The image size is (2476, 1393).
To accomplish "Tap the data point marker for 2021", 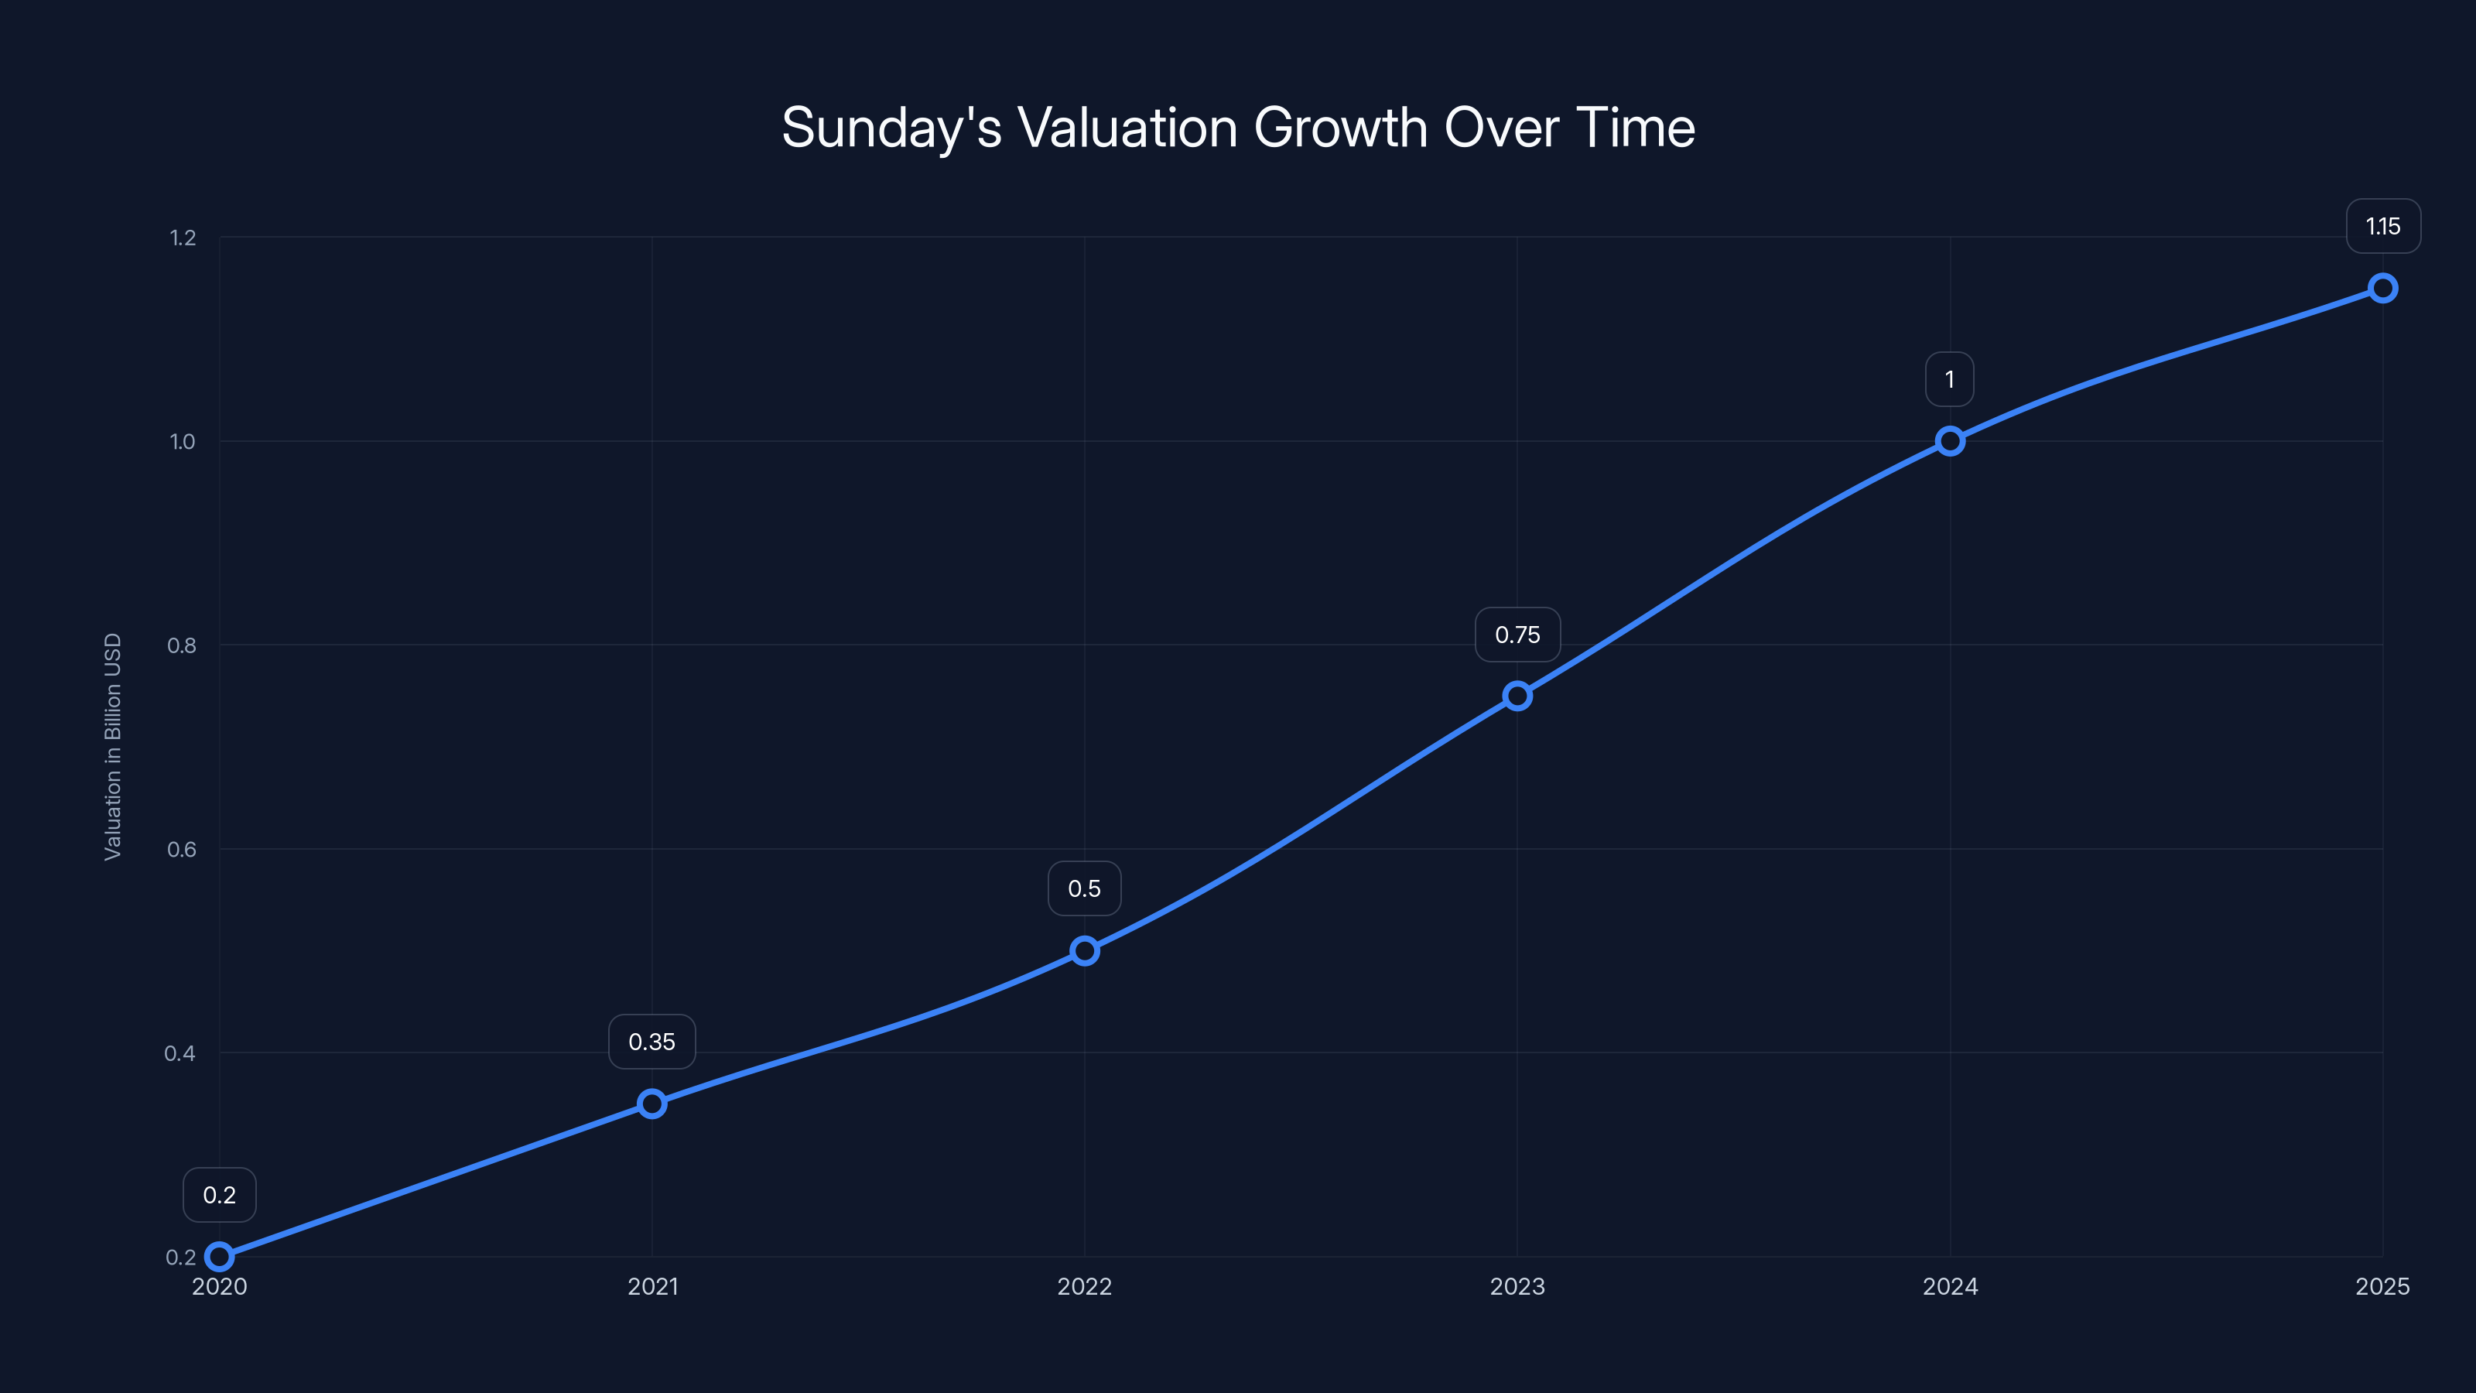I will coord(651,1103).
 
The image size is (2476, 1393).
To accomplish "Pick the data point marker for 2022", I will coord(1084,951).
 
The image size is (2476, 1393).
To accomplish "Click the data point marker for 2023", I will coord(1517,696).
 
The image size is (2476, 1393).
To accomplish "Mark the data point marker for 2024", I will coord(1949,441).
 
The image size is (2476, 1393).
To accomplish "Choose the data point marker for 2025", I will coord(2382,289).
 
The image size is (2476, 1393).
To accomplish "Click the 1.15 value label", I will coord(2383,227).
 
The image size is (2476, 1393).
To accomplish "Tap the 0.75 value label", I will coord(1517,635).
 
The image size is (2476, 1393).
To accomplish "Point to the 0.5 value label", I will coord(1084,888).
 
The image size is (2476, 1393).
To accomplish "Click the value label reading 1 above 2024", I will coord(1949,380).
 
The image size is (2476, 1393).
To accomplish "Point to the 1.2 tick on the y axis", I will coord(183,238).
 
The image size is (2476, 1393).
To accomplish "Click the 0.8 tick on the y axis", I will coord(182,645).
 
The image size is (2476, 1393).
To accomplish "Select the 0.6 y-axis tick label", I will coord(182,849).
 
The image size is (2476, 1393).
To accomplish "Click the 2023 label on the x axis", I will coord(1517,1286).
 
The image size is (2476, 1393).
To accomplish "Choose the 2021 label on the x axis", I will coord(651,1286).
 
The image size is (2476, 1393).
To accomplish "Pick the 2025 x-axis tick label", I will coord(2382,1286).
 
